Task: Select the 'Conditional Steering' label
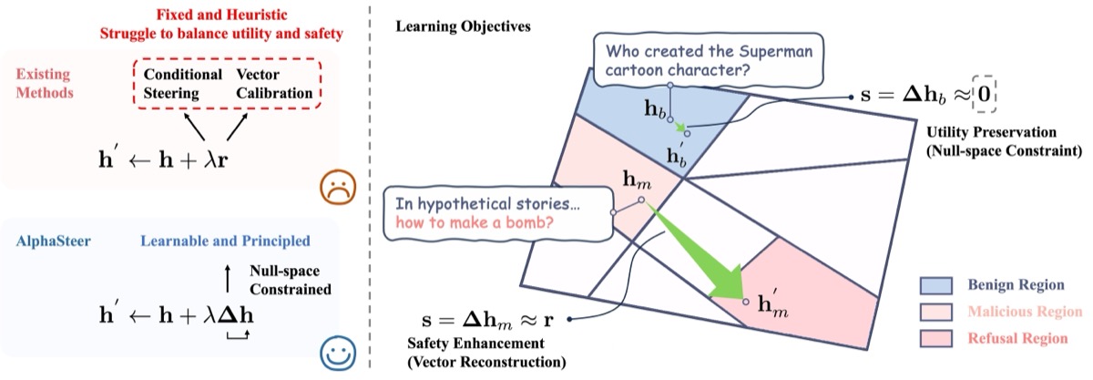182,84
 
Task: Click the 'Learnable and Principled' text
225,241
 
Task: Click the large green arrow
700,256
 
